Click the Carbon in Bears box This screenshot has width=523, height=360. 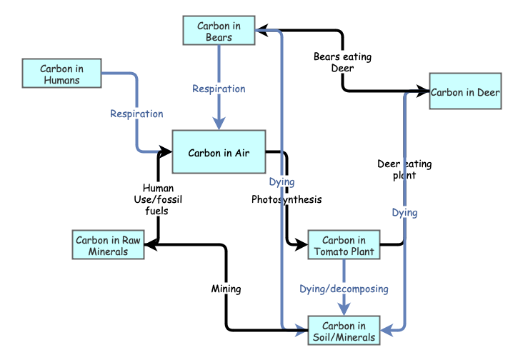219,31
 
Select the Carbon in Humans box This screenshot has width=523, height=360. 61,74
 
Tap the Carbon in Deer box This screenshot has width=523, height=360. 465,91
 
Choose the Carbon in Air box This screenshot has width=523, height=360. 219,152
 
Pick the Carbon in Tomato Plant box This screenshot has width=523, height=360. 344,246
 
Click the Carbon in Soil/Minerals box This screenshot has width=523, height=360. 344,331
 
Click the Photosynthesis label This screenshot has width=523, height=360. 287,199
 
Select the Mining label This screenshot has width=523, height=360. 226,289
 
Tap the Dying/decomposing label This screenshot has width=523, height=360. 344,289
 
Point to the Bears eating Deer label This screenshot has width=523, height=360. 342,62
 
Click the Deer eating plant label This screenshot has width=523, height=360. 404,169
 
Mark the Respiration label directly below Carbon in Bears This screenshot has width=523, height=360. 219,89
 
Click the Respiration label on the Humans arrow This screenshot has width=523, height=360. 136,114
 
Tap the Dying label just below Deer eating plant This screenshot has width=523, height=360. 404,212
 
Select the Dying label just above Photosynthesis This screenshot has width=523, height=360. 282,182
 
